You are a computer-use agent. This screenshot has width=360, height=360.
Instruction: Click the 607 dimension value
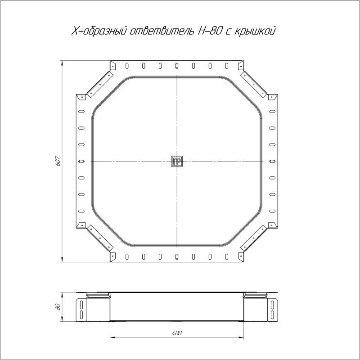click(58, 161)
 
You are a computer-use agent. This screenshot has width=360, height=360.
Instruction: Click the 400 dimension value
click(177, 333)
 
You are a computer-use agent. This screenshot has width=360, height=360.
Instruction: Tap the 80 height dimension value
click(58, 307)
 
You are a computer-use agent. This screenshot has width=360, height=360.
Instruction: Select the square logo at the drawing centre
click(177, 161)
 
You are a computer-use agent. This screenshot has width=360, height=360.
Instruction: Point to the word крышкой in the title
click(254, 31)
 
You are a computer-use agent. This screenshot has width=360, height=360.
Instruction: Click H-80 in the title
click(210, 31)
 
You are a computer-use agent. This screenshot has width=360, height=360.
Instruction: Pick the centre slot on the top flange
click(177, 66)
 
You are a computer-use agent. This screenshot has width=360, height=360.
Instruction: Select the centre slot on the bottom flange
click(177, 256)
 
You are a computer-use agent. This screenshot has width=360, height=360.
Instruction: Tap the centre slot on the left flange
click(81, 161)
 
